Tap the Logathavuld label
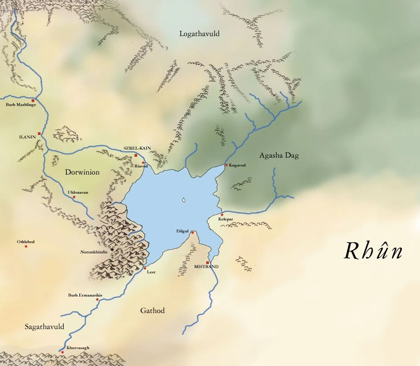199,34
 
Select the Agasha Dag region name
279,155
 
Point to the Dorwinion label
82,172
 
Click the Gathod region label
152,310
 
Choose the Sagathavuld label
44,327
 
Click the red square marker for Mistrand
207,263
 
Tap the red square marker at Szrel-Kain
136,155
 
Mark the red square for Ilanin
39,133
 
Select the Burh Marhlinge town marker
33,101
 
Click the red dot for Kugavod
226,165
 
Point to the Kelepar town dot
222,215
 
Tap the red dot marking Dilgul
192,232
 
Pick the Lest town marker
145,268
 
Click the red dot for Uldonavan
74,197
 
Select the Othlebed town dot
26,246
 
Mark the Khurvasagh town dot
62,352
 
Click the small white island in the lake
183,200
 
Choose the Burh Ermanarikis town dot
98,299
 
